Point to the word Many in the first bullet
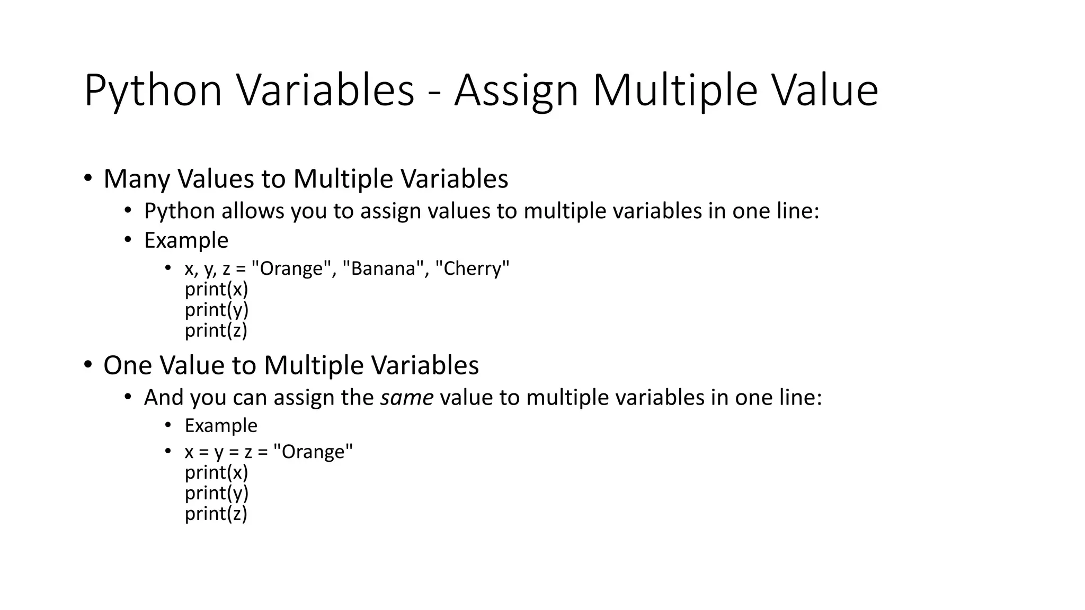[x=136, y=179]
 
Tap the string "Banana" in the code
[x=383, y=269]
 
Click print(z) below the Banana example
[x=216, y=330]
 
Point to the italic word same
[x=406, y=398]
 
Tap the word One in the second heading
[x=128, y=365]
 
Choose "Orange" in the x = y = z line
[x=313, y=452]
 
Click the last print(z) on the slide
[x=216, y=514]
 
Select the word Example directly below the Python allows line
[x=186, y=240]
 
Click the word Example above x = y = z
[x=221, y=426]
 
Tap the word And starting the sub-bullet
[x=164, y=398]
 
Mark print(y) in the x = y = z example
[x=217, y=493]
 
